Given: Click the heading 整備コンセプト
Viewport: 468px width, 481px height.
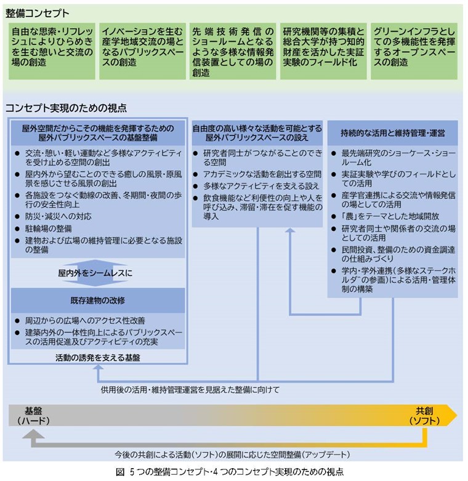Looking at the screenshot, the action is tap(37, 13).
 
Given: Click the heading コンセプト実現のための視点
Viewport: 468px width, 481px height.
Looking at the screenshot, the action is tap(66, 108).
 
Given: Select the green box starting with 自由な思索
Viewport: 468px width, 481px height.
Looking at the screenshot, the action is tap(52, 51).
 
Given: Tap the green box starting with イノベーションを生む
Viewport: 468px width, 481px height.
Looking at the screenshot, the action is tap(142, 51).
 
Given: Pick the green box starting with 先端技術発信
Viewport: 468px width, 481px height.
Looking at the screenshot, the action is tap(233, 51).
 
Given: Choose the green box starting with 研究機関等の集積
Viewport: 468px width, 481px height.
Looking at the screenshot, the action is tap(323, 51).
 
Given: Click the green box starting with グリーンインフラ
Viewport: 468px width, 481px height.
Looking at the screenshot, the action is tap(414, 51).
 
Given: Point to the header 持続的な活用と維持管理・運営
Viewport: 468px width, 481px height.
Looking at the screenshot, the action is tap(392, 133).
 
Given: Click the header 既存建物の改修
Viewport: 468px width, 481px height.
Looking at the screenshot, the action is tap(98, 301).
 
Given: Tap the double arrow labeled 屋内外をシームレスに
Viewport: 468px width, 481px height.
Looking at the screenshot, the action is tap(95, 273).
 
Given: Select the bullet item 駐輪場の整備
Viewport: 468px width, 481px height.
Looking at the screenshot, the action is tap(44, 228).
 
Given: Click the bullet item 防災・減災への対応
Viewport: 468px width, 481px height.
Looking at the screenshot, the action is tap(54, 216).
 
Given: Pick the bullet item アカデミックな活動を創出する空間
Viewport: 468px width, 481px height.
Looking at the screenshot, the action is tap(257, 174).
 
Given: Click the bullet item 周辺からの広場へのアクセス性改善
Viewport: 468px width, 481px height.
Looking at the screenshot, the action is tap(80, 321).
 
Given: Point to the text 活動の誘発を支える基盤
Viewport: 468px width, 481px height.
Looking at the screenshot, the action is tap(98, 357).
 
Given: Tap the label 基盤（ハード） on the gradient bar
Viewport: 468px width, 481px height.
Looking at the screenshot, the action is tap(33, 416).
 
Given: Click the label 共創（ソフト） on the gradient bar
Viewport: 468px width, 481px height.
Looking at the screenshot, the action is tap(424, 416).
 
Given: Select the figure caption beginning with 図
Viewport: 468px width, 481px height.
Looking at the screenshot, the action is tap(230, 472).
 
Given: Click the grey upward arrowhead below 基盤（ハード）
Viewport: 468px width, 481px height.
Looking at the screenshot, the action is tap(33, 434).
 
